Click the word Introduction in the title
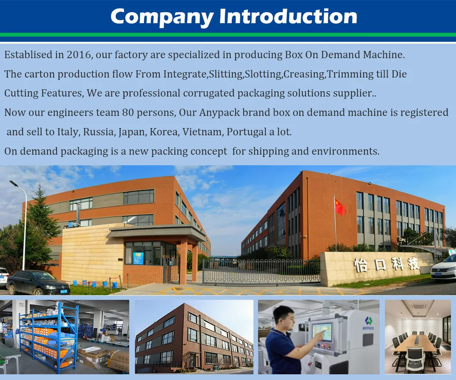tap(288, 16)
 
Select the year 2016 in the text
tap(79, 55)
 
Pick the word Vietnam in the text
tap(201, 132)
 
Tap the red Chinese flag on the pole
tap(340, 207)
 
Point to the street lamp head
tap(14, 184)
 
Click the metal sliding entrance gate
tap(261, 271)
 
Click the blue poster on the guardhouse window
tap(138, 258)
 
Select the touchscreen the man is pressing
tap(322, 331)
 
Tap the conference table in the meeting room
tap(415, 344)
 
